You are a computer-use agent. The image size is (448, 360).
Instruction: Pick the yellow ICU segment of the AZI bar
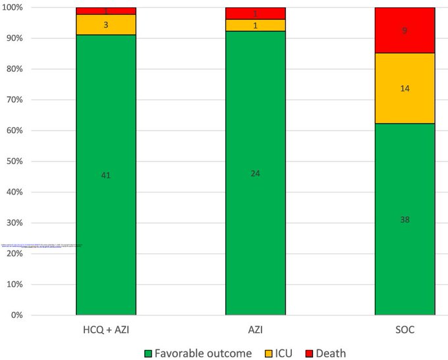pyautogui.click(x=256, y=25)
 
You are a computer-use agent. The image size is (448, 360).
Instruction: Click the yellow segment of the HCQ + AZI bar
pyautogui.click(x=106, y=24)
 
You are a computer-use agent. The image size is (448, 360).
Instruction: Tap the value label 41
pyautogui.click(x=106, y=175)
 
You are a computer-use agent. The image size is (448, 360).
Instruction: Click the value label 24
pyautogui.click(x=256, y=173)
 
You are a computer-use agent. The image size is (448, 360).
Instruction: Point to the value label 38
pyautogui.click(x=405, y=219)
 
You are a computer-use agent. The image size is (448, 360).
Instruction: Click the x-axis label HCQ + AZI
pyautogui.click(x=106, y=328)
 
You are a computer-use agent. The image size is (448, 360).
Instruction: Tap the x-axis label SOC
pyautogui.click(x=405, y=328)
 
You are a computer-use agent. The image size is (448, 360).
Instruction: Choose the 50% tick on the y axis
pyautogui.click(x=14, y=161)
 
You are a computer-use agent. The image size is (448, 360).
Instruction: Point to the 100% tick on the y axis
pyautogui.click(x=12, y=7)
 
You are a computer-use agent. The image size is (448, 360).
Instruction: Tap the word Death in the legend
pyautogui.click(x=331, y=353)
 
